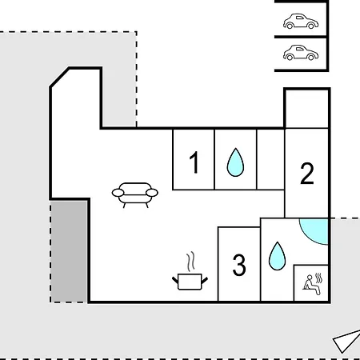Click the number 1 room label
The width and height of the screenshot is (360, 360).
[x=194, y=162]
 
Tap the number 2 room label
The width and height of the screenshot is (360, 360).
[x=307, y=174]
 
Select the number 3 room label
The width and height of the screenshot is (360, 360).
[x=239, y=265]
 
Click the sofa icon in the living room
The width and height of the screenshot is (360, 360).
[x=135, y=195]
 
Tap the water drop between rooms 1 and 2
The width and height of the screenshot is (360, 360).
[x=235, y=162]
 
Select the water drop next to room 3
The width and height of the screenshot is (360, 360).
[x=277, y=256]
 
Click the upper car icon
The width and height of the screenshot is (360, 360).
[x=301, y=21]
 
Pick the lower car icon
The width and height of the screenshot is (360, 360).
[x=301, y=53]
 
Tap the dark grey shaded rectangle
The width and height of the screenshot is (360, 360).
[x=69, y=251]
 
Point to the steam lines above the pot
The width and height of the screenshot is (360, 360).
[x=190, y=262]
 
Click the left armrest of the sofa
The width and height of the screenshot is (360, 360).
[x=118, y=193]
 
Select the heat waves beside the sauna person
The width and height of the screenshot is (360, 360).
[x=318, y=278]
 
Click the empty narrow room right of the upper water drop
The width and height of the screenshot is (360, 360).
[x=270, y=159]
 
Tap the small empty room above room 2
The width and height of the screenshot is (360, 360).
[x=307, y=109]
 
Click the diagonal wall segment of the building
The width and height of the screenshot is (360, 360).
[x=59, y=78]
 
